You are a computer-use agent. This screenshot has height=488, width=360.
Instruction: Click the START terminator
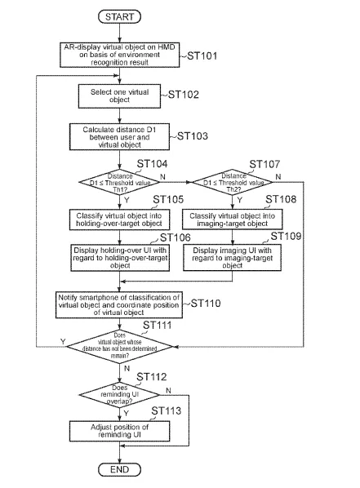[x=119, y=16]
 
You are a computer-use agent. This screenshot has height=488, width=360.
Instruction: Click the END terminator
[x=119, y=469]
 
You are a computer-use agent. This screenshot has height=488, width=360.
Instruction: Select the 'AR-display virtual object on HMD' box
[x=119, y=55]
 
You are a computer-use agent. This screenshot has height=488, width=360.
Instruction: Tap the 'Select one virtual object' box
[x=119, y=96]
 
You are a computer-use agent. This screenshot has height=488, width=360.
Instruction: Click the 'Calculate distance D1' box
[x=119, y=137]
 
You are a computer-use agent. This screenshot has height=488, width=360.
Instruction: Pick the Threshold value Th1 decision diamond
[x=119, y=182]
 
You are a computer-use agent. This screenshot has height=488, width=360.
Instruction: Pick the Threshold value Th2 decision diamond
[x=233, y=182]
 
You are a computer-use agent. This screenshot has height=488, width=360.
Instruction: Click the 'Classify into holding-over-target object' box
[x=119, y=220]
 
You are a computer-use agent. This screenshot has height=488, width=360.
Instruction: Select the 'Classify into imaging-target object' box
[x=233, y=220]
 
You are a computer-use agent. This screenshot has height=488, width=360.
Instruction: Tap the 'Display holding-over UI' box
[x=120, y=258]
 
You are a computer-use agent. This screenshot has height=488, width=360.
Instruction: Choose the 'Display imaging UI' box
[x=233, y=258]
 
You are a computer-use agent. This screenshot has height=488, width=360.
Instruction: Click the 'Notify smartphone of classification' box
[x=119, y=305]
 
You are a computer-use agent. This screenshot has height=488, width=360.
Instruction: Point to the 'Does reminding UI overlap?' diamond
[x=119, y=395]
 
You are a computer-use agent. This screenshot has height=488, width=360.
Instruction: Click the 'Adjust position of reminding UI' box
[x=119, y=431]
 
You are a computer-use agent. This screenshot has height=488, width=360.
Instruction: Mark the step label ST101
[x=202, y=56]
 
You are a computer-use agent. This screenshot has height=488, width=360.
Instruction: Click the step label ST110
[x=206, y=303]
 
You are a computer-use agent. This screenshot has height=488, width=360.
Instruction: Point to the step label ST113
[x=167, y=410]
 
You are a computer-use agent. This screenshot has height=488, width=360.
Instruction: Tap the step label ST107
[x=264, y=164]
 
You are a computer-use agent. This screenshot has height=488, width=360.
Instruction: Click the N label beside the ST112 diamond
[x=168, y=390]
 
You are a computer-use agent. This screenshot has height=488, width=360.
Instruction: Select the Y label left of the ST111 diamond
[x=63, y=341]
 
